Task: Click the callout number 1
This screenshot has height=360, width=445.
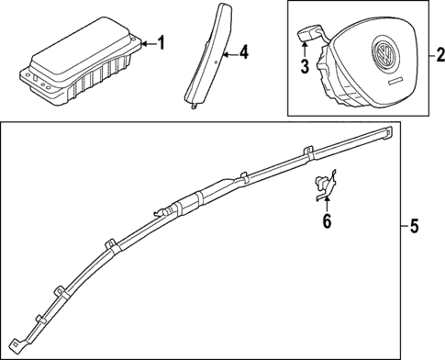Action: pos(162,43)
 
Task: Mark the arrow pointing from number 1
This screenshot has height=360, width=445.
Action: pos(148,43)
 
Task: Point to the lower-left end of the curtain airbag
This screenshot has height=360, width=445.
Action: pos(28,347)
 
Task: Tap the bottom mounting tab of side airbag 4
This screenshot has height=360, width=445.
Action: pos(196,106)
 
